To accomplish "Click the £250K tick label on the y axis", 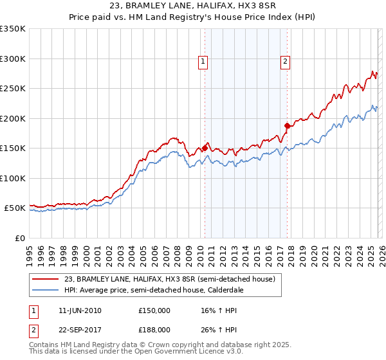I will tap(13, 89).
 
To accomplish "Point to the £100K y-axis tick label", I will tap(13, 178).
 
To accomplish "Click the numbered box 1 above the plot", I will tap(203, 62).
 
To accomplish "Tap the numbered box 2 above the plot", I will tap(285, 62).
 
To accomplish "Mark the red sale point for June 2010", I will tap(205, 148).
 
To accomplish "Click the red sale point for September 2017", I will tap(288, 125).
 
